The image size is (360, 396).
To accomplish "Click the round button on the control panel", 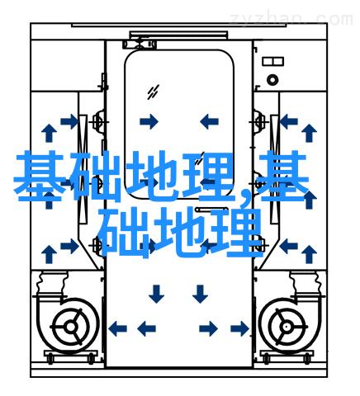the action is click(x=272, y=80).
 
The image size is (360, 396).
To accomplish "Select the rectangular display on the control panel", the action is click(x=272, y=61).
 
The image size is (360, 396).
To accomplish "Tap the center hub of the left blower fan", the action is click(x=71, y=328).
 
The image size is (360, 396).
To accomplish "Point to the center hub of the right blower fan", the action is click(x=287, y=327).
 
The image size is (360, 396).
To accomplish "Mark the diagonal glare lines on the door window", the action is click(x=153, y=92).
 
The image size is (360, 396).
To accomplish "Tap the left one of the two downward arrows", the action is click(x=156, y=294).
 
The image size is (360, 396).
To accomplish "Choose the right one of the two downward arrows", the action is click(x=200, y=294).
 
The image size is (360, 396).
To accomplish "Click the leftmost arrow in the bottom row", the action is click(x=117, y=328).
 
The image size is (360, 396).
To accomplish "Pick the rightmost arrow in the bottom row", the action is click(x=240, y=328).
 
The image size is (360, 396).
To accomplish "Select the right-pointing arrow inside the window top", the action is click(x=149, y=121).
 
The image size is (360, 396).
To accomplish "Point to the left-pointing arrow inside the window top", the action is click(x=209, y=121).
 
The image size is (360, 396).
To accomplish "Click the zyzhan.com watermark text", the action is click(x=291, y=19).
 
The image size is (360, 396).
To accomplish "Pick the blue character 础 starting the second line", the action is click(x=124, y=233).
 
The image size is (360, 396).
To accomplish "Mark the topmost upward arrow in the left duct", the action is click(x=49, y=133).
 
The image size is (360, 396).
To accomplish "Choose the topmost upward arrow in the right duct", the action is click(x=309, y=133).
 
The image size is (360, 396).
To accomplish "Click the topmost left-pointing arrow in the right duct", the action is click(x=289, y=121).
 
